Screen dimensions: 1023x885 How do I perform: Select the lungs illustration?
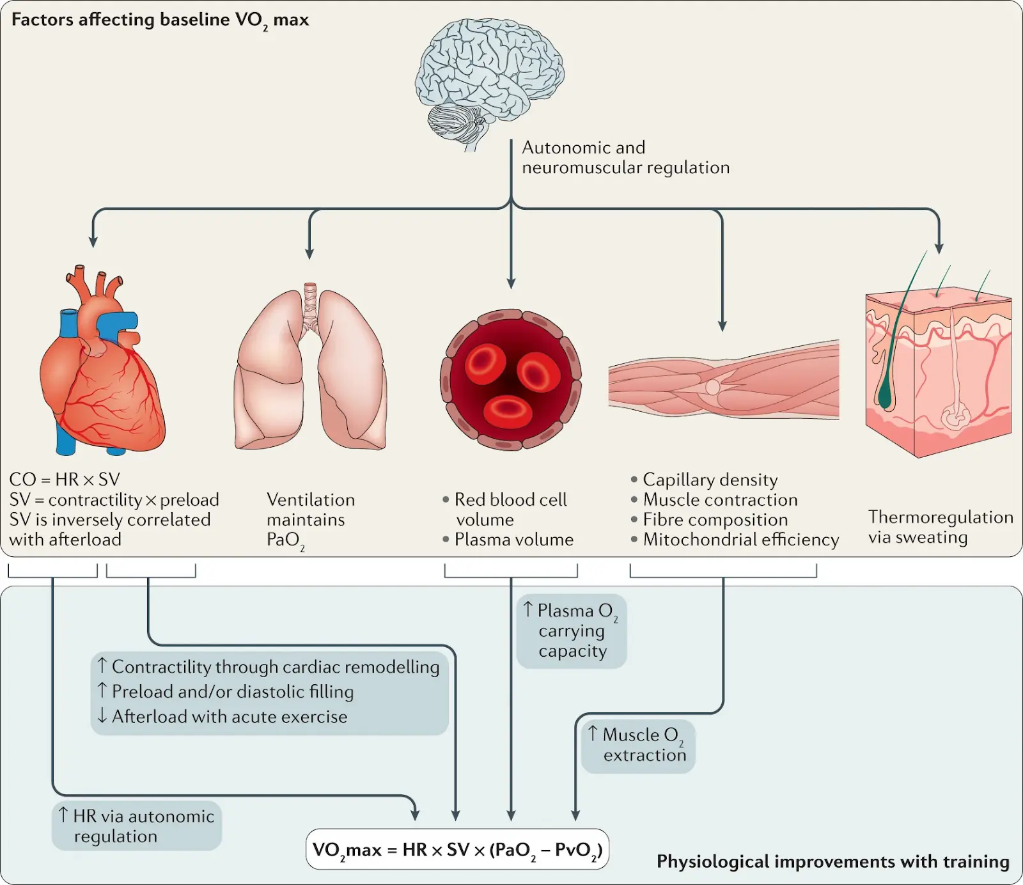click(310, 366)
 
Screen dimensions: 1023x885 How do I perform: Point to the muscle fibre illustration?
click(724, 380)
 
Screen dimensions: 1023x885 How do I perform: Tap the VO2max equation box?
click(457, 849)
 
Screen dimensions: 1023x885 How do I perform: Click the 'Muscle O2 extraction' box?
click(638, 746)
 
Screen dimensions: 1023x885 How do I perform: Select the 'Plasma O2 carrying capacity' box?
click(572, 631)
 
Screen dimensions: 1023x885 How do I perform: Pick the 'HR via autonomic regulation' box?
click(137, 826)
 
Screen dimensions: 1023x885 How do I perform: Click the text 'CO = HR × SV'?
click(65, 480)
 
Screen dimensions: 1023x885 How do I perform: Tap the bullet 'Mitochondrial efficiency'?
click(735, 540)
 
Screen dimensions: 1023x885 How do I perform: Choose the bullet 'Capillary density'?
click(704, 480)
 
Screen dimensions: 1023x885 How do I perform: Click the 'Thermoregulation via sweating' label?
click(941, 527)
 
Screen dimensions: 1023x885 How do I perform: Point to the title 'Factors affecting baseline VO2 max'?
click(160, 20)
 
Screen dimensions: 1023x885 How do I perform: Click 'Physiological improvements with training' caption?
click(833, 862)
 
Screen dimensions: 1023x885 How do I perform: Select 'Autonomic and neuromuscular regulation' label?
click(626, 157)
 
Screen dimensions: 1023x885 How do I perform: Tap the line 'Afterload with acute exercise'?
click(222, 716)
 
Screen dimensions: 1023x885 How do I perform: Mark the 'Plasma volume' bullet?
click(508, 540)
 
